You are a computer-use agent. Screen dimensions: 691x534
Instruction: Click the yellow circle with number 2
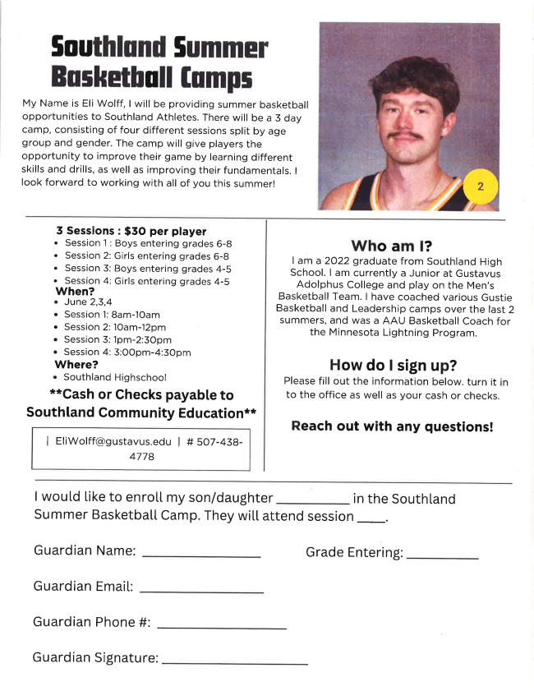coord(481,187)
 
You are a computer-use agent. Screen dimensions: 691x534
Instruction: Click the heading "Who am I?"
coord(392,245)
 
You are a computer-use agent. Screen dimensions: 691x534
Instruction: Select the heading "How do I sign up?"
coord(392,365)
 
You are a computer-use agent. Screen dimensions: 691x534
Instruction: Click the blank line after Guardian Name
coord(201,556)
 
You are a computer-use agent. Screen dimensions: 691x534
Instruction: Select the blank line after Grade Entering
coord(442,558)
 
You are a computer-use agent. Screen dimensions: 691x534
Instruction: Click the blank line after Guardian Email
coord(201,592)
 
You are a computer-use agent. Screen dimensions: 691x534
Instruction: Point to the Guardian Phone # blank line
coord(221,628)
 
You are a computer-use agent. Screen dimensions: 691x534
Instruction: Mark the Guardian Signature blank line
coord(235,663)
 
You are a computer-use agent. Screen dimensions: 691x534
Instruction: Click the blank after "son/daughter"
coord(314,502)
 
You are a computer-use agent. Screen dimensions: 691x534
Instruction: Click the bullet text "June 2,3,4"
coord(88,302)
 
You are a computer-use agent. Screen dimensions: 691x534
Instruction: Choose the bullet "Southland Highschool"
coord(115,377)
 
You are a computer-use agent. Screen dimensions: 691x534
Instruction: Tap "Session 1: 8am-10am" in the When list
coord(112,315)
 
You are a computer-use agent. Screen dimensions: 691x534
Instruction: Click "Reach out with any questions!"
coord(392,426)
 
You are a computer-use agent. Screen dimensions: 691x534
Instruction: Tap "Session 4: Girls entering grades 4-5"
coord(147,281)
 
